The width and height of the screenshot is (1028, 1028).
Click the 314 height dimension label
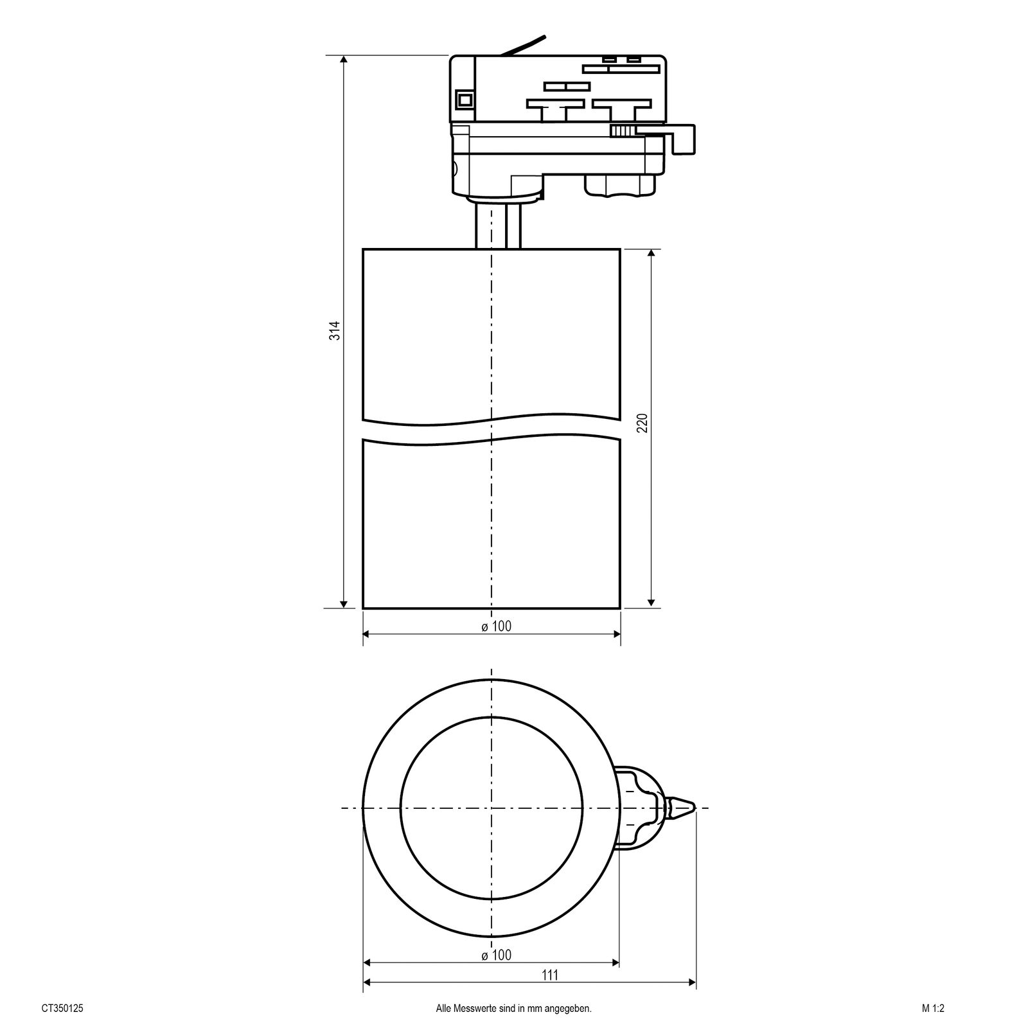click(334, 330)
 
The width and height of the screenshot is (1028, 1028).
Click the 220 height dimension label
click(642, 423)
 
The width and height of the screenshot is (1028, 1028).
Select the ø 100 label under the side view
click(496, 626)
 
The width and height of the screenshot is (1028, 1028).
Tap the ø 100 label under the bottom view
click(496, 955)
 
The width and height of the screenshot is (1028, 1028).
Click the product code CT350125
click(62, 1009)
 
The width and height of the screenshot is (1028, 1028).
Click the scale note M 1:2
click(933, 1009)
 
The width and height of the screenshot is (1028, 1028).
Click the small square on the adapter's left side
click(463, 100)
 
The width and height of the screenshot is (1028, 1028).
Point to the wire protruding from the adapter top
click(524, 46)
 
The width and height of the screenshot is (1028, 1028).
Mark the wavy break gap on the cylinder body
click(492, 432)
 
